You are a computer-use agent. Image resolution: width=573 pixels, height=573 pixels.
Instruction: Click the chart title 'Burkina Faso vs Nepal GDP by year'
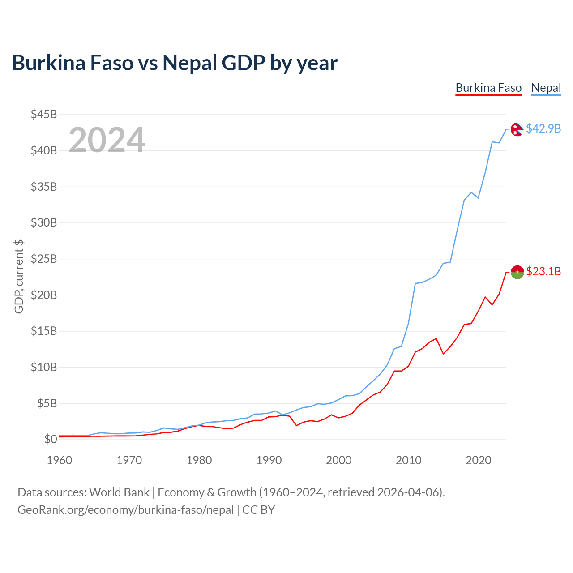pyautogui.click(x=175, y=63)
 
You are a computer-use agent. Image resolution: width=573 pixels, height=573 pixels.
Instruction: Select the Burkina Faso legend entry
pyautogui.click(x=488, y=88)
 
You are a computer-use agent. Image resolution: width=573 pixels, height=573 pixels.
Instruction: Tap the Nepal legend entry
pyautogui.click(x=546, y=88)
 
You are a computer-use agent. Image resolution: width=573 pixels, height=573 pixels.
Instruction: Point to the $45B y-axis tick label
pyautogui.click(x=44, y=114)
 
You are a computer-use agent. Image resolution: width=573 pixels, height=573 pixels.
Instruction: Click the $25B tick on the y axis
pyautogui.click(x=44, y=259)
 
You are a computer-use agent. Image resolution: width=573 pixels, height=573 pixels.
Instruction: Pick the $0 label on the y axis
pyautogui.click(x=51, y=439)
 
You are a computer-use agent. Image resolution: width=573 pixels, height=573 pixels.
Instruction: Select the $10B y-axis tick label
pyautogui.click(x=44, y=367)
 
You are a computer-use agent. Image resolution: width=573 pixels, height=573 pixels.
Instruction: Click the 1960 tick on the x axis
pyautogui.click(x=60, y=460)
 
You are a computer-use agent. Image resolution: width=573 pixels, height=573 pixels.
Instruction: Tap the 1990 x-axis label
pyautogui.click(x=269, y=460)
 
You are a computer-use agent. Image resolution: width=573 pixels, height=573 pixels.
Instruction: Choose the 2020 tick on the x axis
pyautogui.click(x=478, y=460)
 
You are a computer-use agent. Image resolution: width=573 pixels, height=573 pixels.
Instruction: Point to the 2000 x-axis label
pyautogui.click(x=338, y=460)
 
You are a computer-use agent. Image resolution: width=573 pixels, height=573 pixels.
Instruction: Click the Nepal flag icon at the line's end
pyautogui.click(x=517, y=129)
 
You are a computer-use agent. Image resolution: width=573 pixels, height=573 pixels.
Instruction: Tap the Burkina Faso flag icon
pyautogui.click(x=517, y=272)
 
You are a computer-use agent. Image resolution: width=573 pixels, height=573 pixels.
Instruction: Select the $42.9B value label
pyautogui.click(x=543, y=128)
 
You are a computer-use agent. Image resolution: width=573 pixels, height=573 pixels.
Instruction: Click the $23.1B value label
pyautogui.click(x=543, y=271)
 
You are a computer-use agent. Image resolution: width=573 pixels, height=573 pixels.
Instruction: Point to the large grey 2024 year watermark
pyautogui.click(x=107, y=140)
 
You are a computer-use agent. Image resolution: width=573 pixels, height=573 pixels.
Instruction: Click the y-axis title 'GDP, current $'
pyautogui.click(x=18, y=277)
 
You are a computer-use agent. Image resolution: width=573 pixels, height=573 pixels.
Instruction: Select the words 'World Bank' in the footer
pyautogui.click(x=119, y=492)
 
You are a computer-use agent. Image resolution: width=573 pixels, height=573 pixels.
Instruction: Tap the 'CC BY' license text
pyautogui.click(x=258, y=510)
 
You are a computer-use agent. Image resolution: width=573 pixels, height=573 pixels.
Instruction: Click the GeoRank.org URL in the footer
pyautogui.click(x=125, y=510)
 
